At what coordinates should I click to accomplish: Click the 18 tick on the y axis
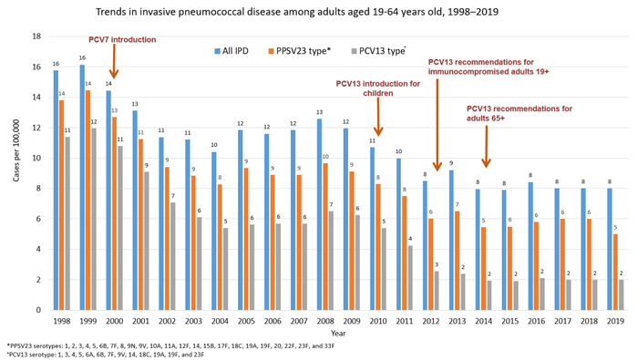point(36,36)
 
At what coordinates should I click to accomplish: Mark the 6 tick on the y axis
point(38,219)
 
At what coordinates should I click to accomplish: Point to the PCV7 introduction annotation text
point(121,40)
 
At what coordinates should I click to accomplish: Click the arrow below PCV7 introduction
point(113,64)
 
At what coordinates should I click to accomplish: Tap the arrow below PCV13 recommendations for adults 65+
point(487,146)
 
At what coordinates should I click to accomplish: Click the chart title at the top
point(318,12)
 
